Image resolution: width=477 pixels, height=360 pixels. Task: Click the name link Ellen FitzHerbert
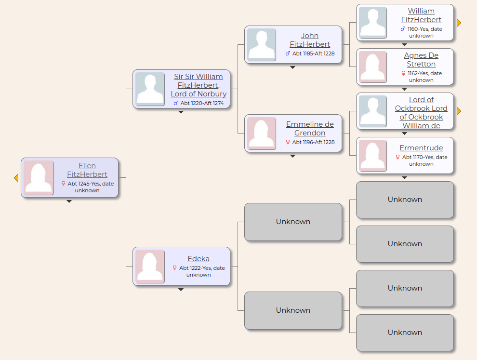87,170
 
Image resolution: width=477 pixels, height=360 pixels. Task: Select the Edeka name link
199,259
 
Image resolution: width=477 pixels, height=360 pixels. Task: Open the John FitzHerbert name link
310,40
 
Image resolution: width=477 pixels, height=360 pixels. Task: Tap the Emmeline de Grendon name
310,128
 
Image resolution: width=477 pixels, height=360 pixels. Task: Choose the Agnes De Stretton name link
421,60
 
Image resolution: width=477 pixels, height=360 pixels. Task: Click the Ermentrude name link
421,148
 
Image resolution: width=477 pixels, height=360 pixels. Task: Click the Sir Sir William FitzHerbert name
199,85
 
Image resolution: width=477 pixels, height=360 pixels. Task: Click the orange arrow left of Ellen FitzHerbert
16,178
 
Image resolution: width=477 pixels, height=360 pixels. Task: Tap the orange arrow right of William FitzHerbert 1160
459,23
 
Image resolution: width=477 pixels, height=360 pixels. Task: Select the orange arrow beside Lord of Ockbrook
459,111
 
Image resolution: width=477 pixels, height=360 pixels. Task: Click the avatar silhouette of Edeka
150,267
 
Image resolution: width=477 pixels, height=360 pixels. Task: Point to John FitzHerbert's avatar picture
262,45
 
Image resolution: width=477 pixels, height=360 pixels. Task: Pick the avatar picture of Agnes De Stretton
373,67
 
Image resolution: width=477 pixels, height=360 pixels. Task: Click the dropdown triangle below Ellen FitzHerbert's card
69,201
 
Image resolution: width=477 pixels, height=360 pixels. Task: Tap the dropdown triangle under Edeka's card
181,290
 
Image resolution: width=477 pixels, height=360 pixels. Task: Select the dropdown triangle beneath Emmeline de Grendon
292,156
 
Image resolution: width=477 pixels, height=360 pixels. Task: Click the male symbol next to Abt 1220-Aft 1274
176,103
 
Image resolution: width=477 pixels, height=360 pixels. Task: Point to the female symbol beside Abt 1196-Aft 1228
288,142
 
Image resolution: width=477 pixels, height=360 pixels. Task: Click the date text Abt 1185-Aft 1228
313,53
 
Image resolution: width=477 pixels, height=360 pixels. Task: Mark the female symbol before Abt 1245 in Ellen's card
63,184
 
